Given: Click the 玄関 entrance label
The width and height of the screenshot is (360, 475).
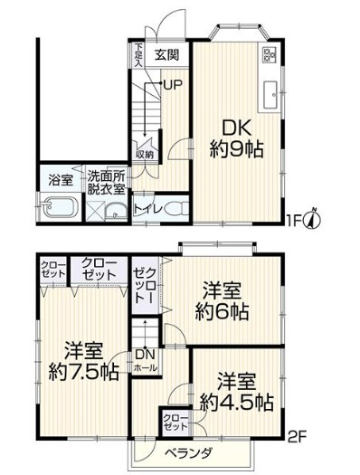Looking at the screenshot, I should click(166, 54).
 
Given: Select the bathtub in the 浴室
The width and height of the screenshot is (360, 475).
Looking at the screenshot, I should click(59, 209).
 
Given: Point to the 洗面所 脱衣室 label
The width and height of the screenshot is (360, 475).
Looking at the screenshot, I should click(107, 180).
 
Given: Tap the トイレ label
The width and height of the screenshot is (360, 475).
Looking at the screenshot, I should click(147, 209).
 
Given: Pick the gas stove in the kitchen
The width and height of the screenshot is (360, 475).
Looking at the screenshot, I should click(270, 57).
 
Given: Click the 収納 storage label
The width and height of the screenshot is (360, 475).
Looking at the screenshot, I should click(145, 155).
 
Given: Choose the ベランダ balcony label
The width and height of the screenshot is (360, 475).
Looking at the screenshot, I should click(188, 452).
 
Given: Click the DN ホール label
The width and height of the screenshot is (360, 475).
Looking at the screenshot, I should click(144, 361).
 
